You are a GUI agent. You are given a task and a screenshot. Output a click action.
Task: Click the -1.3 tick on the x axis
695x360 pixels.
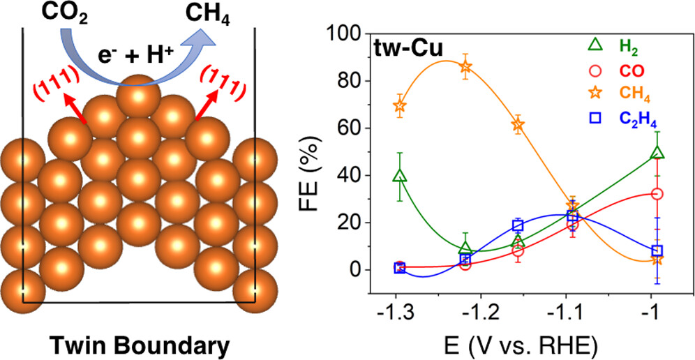pos(399,310)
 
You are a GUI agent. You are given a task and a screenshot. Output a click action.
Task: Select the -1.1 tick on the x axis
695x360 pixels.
pos(571,310)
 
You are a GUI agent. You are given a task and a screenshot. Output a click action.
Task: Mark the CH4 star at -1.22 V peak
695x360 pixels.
pos(465,67)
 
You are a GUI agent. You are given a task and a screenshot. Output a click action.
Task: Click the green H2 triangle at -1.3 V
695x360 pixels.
pos(400,176)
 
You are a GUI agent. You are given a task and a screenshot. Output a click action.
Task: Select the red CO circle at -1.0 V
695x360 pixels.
pos(657,194)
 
